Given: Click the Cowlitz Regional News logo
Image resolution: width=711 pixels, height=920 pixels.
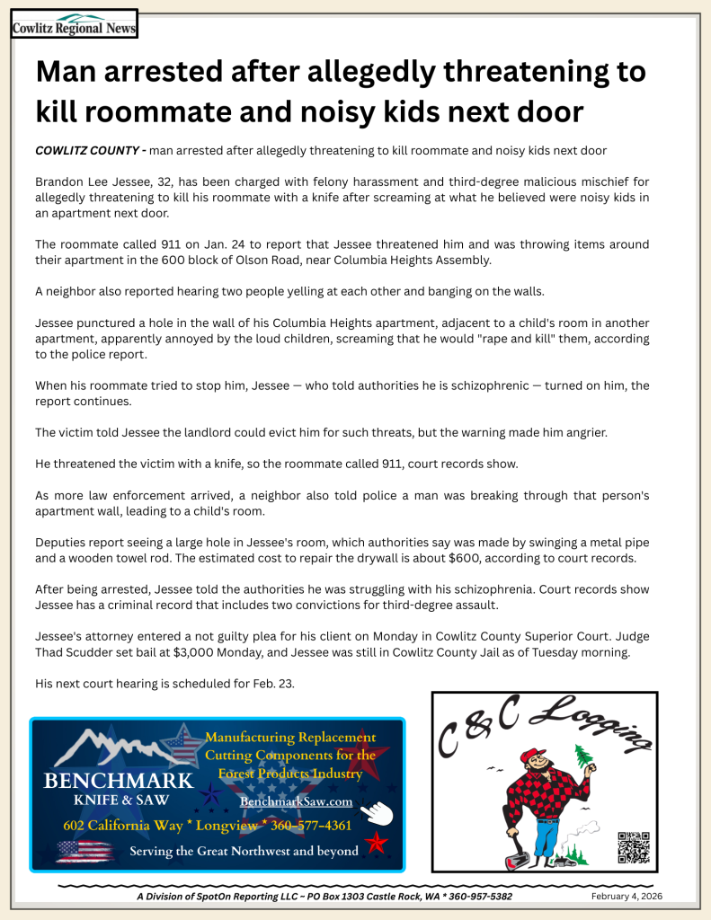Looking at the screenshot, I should pyautogui.click(x=74, y=24).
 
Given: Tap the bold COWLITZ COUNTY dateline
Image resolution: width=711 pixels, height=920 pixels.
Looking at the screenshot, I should pyautogui.click(x=87, y=150).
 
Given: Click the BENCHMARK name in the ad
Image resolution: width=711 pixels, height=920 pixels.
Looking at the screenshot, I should pyautogui.click(x=118, y=780).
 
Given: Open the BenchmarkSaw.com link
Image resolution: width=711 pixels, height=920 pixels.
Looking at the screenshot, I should pyautogui.click(x=296, y=801).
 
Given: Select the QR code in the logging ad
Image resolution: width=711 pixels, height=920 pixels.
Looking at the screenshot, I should pyautogui.click(x=633, y=847).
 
